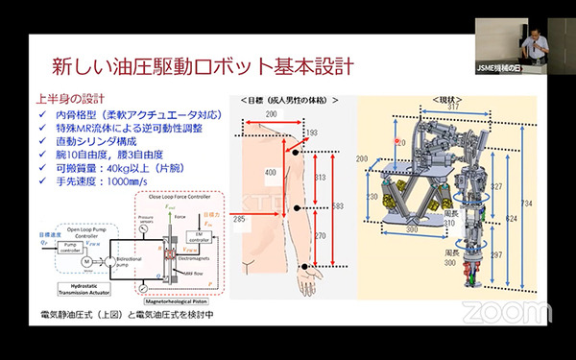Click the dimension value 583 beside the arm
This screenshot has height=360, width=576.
pos(337,206)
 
